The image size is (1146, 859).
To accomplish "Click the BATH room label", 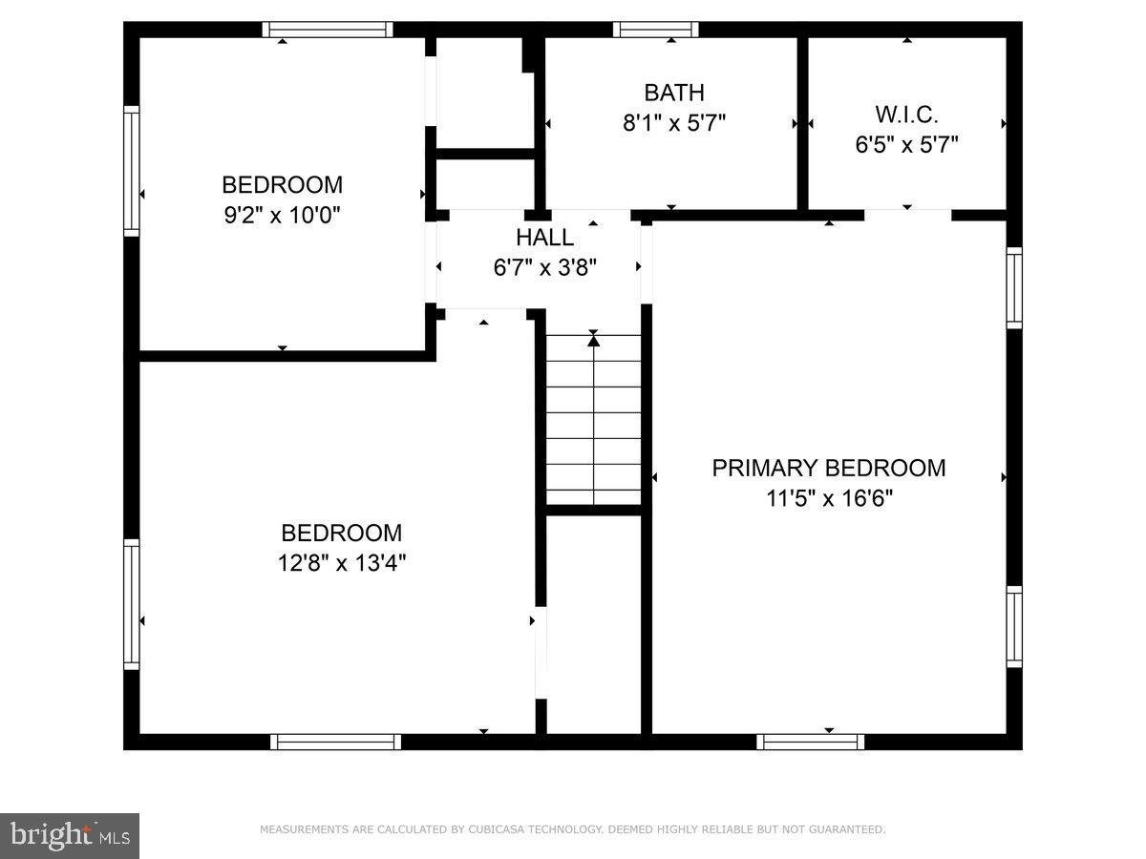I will [674, 93].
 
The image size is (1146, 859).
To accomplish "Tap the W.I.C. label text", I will [906, 115].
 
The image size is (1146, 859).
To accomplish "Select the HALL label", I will [545, 238].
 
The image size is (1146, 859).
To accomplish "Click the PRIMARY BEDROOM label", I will [829, 468].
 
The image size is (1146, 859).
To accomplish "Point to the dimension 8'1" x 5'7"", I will [674, 123].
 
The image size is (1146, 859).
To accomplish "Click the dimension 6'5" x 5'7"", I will [906, 145].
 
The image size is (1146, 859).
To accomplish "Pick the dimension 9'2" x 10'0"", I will [282, 215].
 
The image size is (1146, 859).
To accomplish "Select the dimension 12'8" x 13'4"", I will [341, 563].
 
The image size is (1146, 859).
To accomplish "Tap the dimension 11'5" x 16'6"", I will [829, 498].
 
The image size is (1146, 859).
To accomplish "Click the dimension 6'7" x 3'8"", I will [545, 268].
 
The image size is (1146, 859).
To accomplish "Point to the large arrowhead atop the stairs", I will [593, 340].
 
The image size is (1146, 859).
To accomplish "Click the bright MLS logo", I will [70, 836].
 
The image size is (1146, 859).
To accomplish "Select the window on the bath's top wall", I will [655, 30].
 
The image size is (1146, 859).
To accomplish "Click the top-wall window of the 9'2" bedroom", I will [328, 30].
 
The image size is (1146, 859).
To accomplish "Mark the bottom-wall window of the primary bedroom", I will [811, 742].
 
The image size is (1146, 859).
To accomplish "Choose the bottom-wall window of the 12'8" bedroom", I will [335, 742].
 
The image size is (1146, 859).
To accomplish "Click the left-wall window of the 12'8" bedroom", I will [132, 603].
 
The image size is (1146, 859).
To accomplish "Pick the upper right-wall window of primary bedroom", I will [1014, 288].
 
